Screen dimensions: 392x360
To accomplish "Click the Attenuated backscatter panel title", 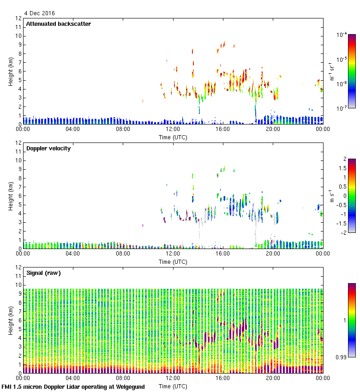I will point(59,24).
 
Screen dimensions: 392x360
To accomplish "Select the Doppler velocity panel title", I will point(48,148).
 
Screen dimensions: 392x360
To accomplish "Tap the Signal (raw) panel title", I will point(44,273).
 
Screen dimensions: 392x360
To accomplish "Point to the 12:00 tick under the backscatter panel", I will point(173,130).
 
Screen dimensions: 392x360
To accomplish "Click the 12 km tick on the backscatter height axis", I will point(19,18).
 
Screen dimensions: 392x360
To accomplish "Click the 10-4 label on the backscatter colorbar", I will point(342,35).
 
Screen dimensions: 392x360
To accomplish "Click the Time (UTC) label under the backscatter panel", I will point(173,137).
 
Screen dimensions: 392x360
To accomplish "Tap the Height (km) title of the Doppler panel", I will point(10,196).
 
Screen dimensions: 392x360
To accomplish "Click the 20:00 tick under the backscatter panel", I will point(272,130).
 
